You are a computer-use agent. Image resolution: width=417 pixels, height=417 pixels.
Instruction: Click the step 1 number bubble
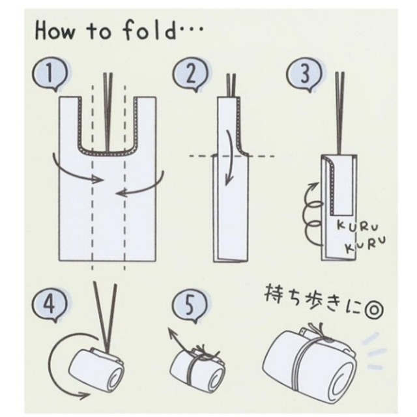pos(50,73)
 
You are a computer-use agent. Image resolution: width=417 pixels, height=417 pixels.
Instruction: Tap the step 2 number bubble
pos(190,74)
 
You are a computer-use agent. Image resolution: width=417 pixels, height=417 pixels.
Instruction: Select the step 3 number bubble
pos(304,74)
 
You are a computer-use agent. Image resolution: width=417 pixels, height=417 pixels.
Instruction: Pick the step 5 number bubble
pos(190,305)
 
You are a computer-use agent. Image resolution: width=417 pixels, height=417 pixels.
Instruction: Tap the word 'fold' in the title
pos(149,29)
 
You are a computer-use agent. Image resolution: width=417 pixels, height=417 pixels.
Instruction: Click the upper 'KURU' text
pos(358,226)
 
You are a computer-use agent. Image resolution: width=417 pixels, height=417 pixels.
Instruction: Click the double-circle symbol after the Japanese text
pos(374,311)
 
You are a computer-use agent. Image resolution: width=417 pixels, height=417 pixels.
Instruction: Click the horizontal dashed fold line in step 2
pos(232,156)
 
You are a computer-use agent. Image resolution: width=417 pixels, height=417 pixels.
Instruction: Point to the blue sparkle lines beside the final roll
pos(375,352)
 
